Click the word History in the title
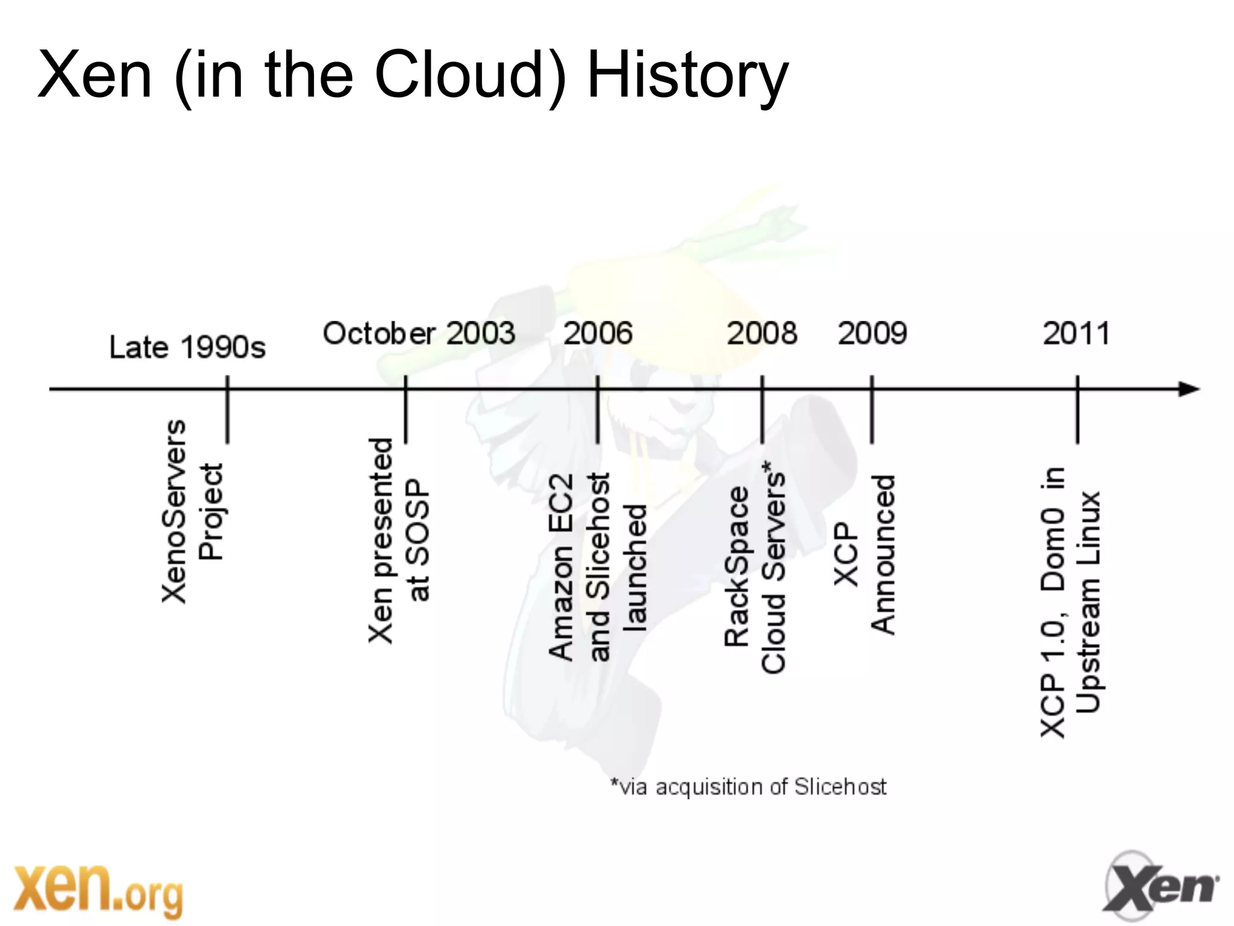pos(687,75)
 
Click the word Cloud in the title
pos(459,75)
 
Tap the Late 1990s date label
pos(187,347)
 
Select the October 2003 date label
pos(419,333)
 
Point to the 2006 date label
pos(598,333)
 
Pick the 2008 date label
pos(762,333)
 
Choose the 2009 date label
pos(872,333)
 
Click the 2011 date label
pos(1077,333)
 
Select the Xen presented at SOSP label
pos(399,540)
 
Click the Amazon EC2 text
pos(560,567)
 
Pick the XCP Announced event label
pos(865,555)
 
